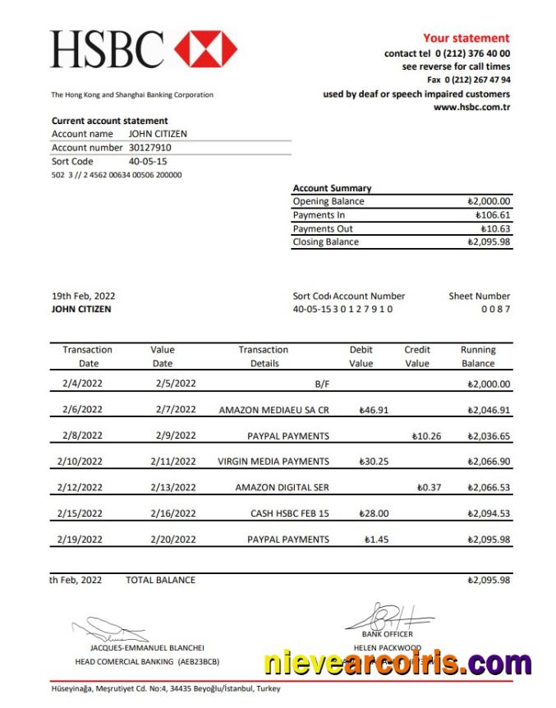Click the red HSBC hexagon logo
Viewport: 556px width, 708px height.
pyautogui.click(x=205, y=48)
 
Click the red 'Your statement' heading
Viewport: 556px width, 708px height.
pyautogui.click(x=466, y=38)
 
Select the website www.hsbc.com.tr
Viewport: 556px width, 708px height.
pyautogui.click(x=471, y=107)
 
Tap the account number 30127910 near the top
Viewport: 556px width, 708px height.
pyautogui.click(x=150, y=148)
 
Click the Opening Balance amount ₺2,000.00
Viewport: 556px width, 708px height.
pyautogui.click(x=488, y=201)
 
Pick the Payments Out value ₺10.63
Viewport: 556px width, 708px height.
pyautogui.click(x=495, y=228)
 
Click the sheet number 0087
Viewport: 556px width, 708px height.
pyautogui.click(x=495, y=309)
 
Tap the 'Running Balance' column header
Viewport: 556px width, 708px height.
pyautogui.click(x=477, y=356)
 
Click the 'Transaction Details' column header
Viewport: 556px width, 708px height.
pyautogui.click(x=264, y=356)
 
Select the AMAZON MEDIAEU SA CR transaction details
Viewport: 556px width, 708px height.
pyautogui.click(x=273, y=410)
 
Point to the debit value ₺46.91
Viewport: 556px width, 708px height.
pyautogui.click(x=374, y=410)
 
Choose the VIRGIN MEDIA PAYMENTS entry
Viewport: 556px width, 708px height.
pyautogui.click(x=273, y=462)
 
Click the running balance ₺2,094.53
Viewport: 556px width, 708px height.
pyautogui.click(x=488, y=514)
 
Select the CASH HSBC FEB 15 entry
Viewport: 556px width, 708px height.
pyautogui.click(x=289, y=514)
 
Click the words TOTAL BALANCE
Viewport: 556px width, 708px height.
pyautogui.click(x=160, y=580)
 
